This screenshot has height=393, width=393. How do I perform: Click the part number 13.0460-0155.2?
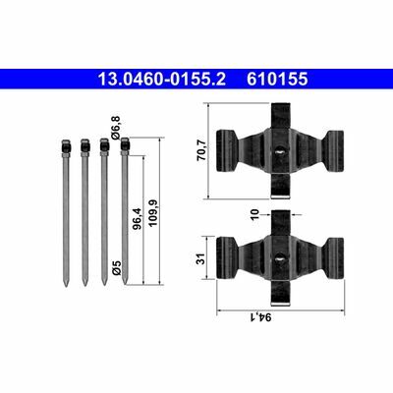tap(162, 80)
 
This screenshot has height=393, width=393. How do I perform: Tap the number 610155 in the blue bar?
tap(277, 80)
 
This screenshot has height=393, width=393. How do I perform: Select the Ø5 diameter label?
tap(117, 267)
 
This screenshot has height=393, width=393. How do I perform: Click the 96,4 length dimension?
tap(137, 218)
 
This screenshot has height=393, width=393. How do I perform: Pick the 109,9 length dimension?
tap(153, 213)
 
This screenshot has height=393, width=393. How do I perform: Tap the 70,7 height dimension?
tap(201, 150)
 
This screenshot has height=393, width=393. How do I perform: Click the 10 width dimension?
tap(255, 214)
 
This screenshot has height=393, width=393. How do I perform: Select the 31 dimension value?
tap(202, 258)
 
